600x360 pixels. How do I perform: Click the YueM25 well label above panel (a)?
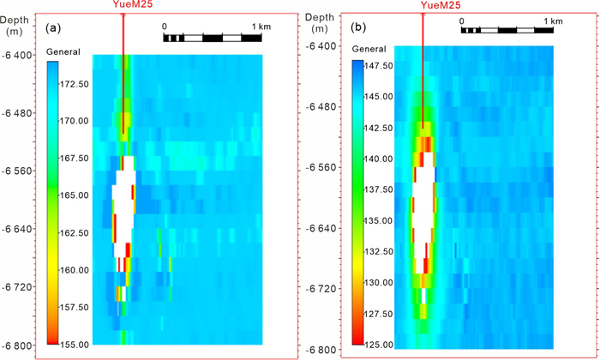pyautogui.click(x=125, y=6)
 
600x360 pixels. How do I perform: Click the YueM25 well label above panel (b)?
pyautogui.click(x=423, y=6)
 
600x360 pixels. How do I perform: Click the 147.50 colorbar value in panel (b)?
pyautogui.click(x=375, y=65)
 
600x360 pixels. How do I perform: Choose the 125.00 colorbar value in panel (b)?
pyautogui.click(x=375, y=344)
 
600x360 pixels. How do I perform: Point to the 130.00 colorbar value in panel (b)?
pyautogui.click(x=375, y=282)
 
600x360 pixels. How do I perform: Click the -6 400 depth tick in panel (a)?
pyautogui.click(x=18, y=56)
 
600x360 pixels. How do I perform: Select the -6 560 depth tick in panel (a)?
pyautogui.click(x=18, y=171)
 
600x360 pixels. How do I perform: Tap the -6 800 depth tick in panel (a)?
pyautogui.click(x=18, y=345)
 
